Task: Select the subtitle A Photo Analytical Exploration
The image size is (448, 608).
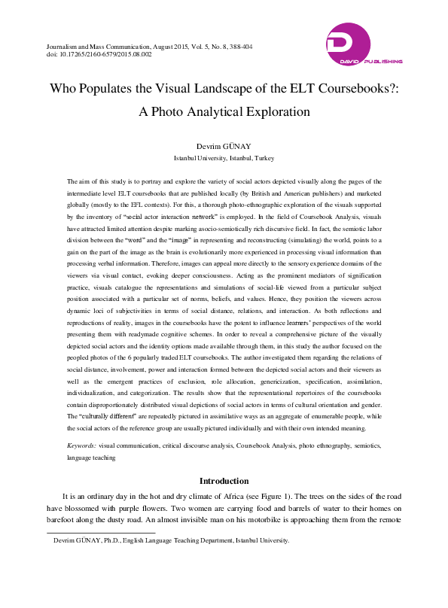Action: click(224, 111)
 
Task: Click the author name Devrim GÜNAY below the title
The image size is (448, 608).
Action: click(224, 145)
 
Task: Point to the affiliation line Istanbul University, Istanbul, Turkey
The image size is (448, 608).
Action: click(224, 158)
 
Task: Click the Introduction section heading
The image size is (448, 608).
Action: click(224, 481)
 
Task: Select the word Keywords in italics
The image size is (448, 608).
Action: click(81, 446)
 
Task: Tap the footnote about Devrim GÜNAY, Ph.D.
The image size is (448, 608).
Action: click(166, 541)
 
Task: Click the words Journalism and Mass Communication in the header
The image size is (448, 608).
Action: click(85, 47)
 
